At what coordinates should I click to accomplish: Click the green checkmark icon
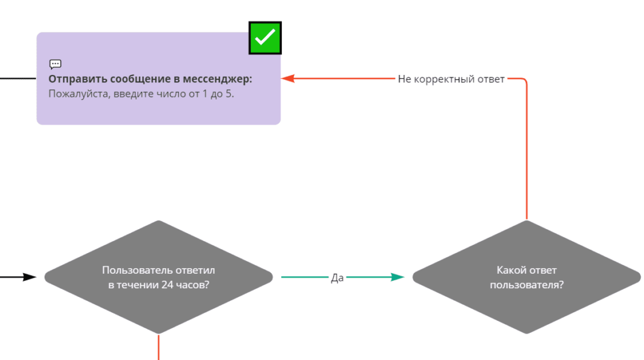(x=265, y=38)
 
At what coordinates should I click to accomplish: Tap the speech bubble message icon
(x=55, y=64)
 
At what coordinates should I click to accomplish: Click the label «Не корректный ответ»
(x=451, y=79)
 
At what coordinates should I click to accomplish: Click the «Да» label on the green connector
(x=337, y=278)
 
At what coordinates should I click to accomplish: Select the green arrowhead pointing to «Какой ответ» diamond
(x=397, y=277)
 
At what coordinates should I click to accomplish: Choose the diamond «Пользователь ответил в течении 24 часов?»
(x=158, y=296)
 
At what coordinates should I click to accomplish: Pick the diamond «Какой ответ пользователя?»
(x=526, y=302)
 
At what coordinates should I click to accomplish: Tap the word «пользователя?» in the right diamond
(x=526, y=284)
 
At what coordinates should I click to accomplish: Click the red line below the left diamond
(x=158, y=347)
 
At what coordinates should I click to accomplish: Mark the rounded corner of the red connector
(x=524, y=81)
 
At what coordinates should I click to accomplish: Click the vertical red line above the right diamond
(x=526, y=151)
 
